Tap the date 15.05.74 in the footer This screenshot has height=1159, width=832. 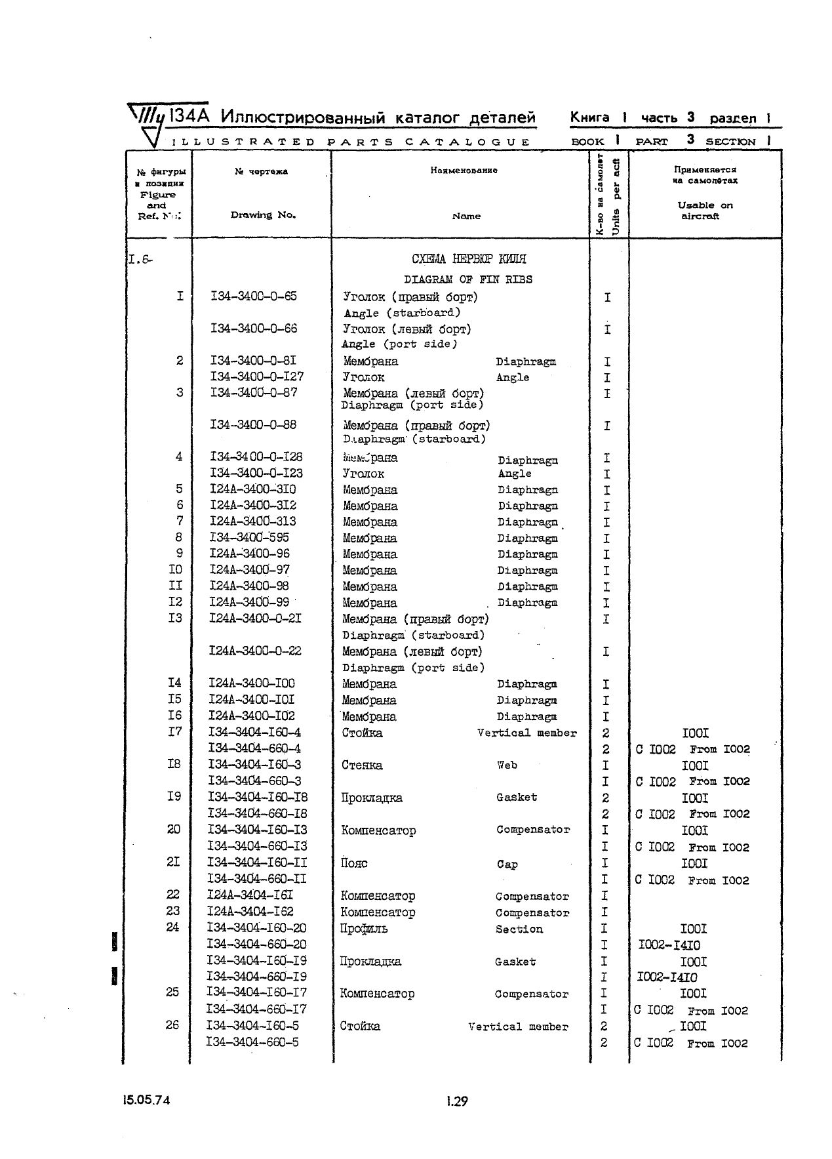coord(146,1100)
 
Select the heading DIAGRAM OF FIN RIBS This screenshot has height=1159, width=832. coord(467,279)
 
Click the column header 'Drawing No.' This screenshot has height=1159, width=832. coord(263,215)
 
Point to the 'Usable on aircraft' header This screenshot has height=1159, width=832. coord(705,211)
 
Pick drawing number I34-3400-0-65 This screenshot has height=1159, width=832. coord(254,296)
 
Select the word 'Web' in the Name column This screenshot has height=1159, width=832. coord(507,765)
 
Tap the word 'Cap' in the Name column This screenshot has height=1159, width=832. coord(507,864)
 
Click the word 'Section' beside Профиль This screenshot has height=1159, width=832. coord(519,929)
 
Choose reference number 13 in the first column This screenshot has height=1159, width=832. coord(175,618)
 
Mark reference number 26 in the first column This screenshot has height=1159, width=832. coord(172,1025)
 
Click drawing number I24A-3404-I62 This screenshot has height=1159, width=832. coord(250,911)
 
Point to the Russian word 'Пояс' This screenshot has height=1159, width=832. coord(354,863)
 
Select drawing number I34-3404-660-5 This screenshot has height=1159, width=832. coord(252,1042)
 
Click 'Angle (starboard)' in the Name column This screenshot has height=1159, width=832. coord(402,313)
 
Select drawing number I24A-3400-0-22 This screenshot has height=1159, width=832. coord(255,651)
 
